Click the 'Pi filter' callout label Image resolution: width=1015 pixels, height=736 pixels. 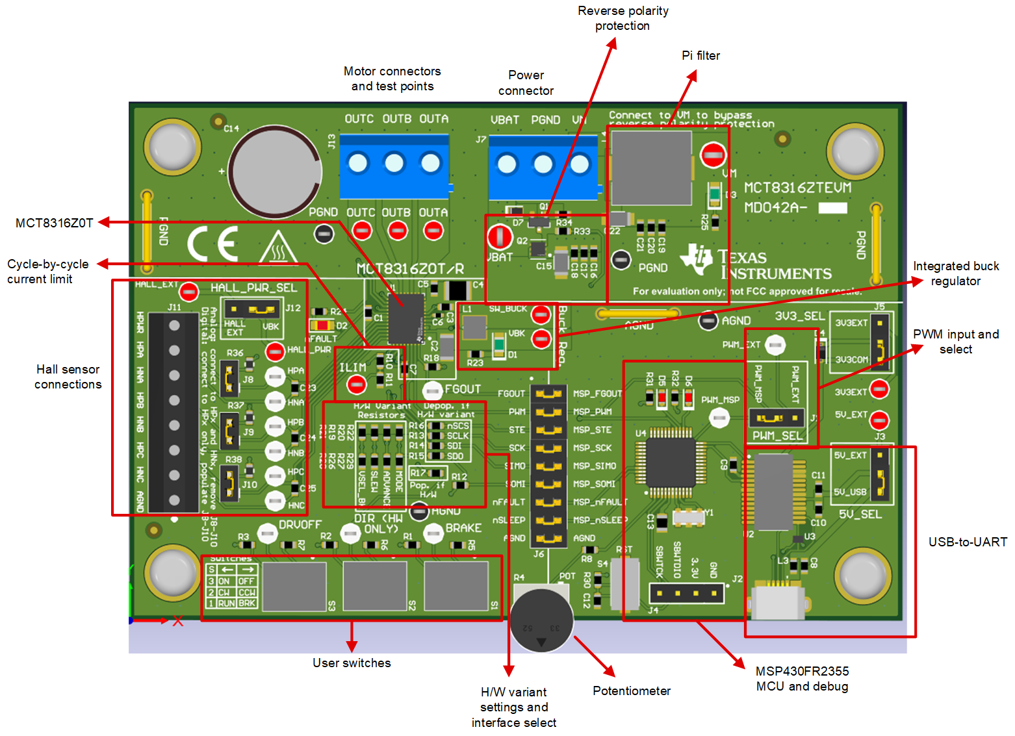(x=700, y=56)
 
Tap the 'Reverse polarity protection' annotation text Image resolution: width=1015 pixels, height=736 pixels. (x=623, y=18)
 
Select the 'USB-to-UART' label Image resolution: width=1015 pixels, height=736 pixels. (x=967, y=542)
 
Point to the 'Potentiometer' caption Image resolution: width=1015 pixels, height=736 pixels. (x=631, y=691)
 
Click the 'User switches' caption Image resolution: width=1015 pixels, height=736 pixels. (x=352, y=663)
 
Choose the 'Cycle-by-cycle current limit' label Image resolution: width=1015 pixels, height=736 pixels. (x=47, y=272)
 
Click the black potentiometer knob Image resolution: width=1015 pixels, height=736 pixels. (x=541, y=620)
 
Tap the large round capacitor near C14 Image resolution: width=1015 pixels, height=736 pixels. (x=276, y=172)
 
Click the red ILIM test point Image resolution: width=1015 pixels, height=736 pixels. (x=356, y=385)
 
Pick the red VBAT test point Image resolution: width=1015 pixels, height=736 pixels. (x=500, y=237)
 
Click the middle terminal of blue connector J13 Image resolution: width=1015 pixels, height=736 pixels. (x=394, y=163)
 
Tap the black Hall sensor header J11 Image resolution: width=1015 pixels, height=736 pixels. (x=173, y=412)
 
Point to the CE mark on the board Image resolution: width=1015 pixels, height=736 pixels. (x=212, y=245)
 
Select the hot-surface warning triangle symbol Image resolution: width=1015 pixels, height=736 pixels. (x=279, y=249)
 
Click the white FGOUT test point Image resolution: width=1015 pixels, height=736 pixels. (x=431, y=390)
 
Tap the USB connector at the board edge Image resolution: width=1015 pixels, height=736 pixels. (x=778, y=601)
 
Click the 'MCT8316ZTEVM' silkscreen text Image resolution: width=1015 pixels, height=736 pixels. (x=797, y=188)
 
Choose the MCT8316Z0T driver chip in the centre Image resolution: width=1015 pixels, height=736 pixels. (x=405, y=318)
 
